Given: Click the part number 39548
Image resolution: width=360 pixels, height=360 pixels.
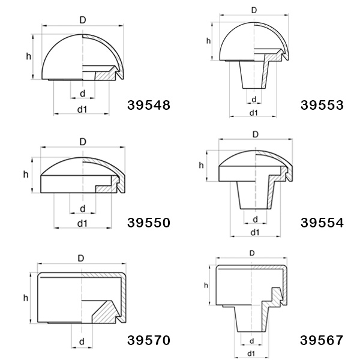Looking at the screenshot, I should coord(149,105).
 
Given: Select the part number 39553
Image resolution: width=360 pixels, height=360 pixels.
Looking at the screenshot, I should coord(322,105).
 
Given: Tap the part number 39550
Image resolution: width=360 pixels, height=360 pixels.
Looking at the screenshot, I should coord(149,223).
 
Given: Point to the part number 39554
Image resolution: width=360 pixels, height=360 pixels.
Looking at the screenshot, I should coord(322,223).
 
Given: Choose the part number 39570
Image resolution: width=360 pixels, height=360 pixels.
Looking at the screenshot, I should coord(149,340).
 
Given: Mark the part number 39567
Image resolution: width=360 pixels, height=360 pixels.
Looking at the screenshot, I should coord(322,340).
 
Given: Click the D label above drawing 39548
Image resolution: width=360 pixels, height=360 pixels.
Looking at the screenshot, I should coord(83,20).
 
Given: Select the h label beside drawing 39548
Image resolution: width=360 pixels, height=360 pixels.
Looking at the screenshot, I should coord(28,56).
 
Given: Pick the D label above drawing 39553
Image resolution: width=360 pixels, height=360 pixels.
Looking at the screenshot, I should coord(254,10).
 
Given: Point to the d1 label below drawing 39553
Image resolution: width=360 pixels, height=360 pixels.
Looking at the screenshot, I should coord(254,113).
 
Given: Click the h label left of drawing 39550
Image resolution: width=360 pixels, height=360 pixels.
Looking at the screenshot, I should coord(26,174).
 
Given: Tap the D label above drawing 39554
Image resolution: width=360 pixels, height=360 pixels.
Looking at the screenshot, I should coord(255,134).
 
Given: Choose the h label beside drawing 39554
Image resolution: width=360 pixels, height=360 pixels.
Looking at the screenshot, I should coord(201,165).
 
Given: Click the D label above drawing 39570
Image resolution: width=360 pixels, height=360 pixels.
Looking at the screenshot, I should coord(81,258).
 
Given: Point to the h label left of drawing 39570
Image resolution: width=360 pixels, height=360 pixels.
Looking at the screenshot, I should coord(26,298).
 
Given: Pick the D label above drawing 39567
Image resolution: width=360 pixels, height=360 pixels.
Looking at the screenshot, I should coord(251,253).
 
